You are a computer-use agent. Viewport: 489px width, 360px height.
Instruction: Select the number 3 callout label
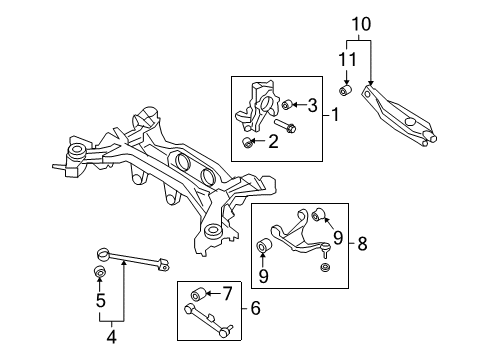click(312, 105)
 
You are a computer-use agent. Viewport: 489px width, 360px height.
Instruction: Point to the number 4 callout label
click(111, 337)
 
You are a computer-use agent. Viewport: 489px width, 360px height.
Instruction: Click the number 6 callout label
click(255, 309)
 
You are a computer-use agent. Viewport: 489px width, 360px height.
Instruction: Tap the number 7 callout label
click(227, 293)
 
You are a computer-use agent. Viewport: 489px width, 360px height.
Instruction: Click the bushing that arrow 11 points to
click(343, 92)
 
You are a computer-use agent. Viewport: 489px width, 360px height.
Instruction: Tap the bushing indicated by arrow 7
click(196, 294)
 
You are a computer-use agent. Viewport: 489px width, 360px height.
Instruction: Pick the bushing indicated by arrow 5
click(100, 272)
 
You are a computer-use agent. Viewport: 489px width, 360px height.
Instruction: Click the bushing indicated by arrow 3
click(286, 104)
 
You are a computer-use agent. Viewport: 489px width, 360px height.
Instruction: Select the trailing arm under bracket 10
click(400, 115)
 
